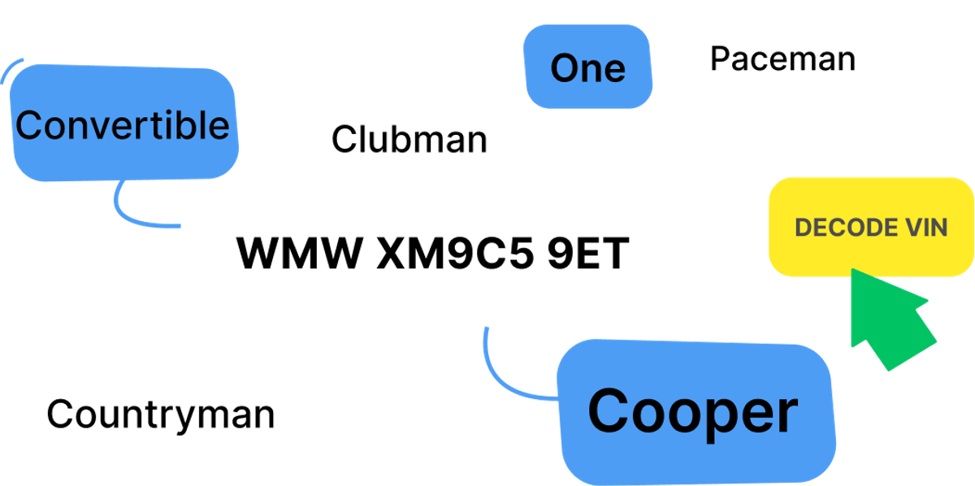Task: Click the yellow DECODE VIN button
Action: point(870,227)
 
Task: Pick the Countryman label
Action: point(160,414)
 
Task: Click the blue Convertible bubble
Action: point(123,125)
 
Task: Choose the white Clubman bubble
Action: point(409,138)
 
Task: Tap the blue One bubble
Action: point(587,67)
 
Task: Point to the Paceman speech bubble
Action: point(782,59)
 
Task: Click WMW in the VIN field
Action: point(298,254)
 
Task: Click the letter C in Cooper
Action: point(609,412)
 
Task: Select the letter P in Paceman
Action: point(720,59)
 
